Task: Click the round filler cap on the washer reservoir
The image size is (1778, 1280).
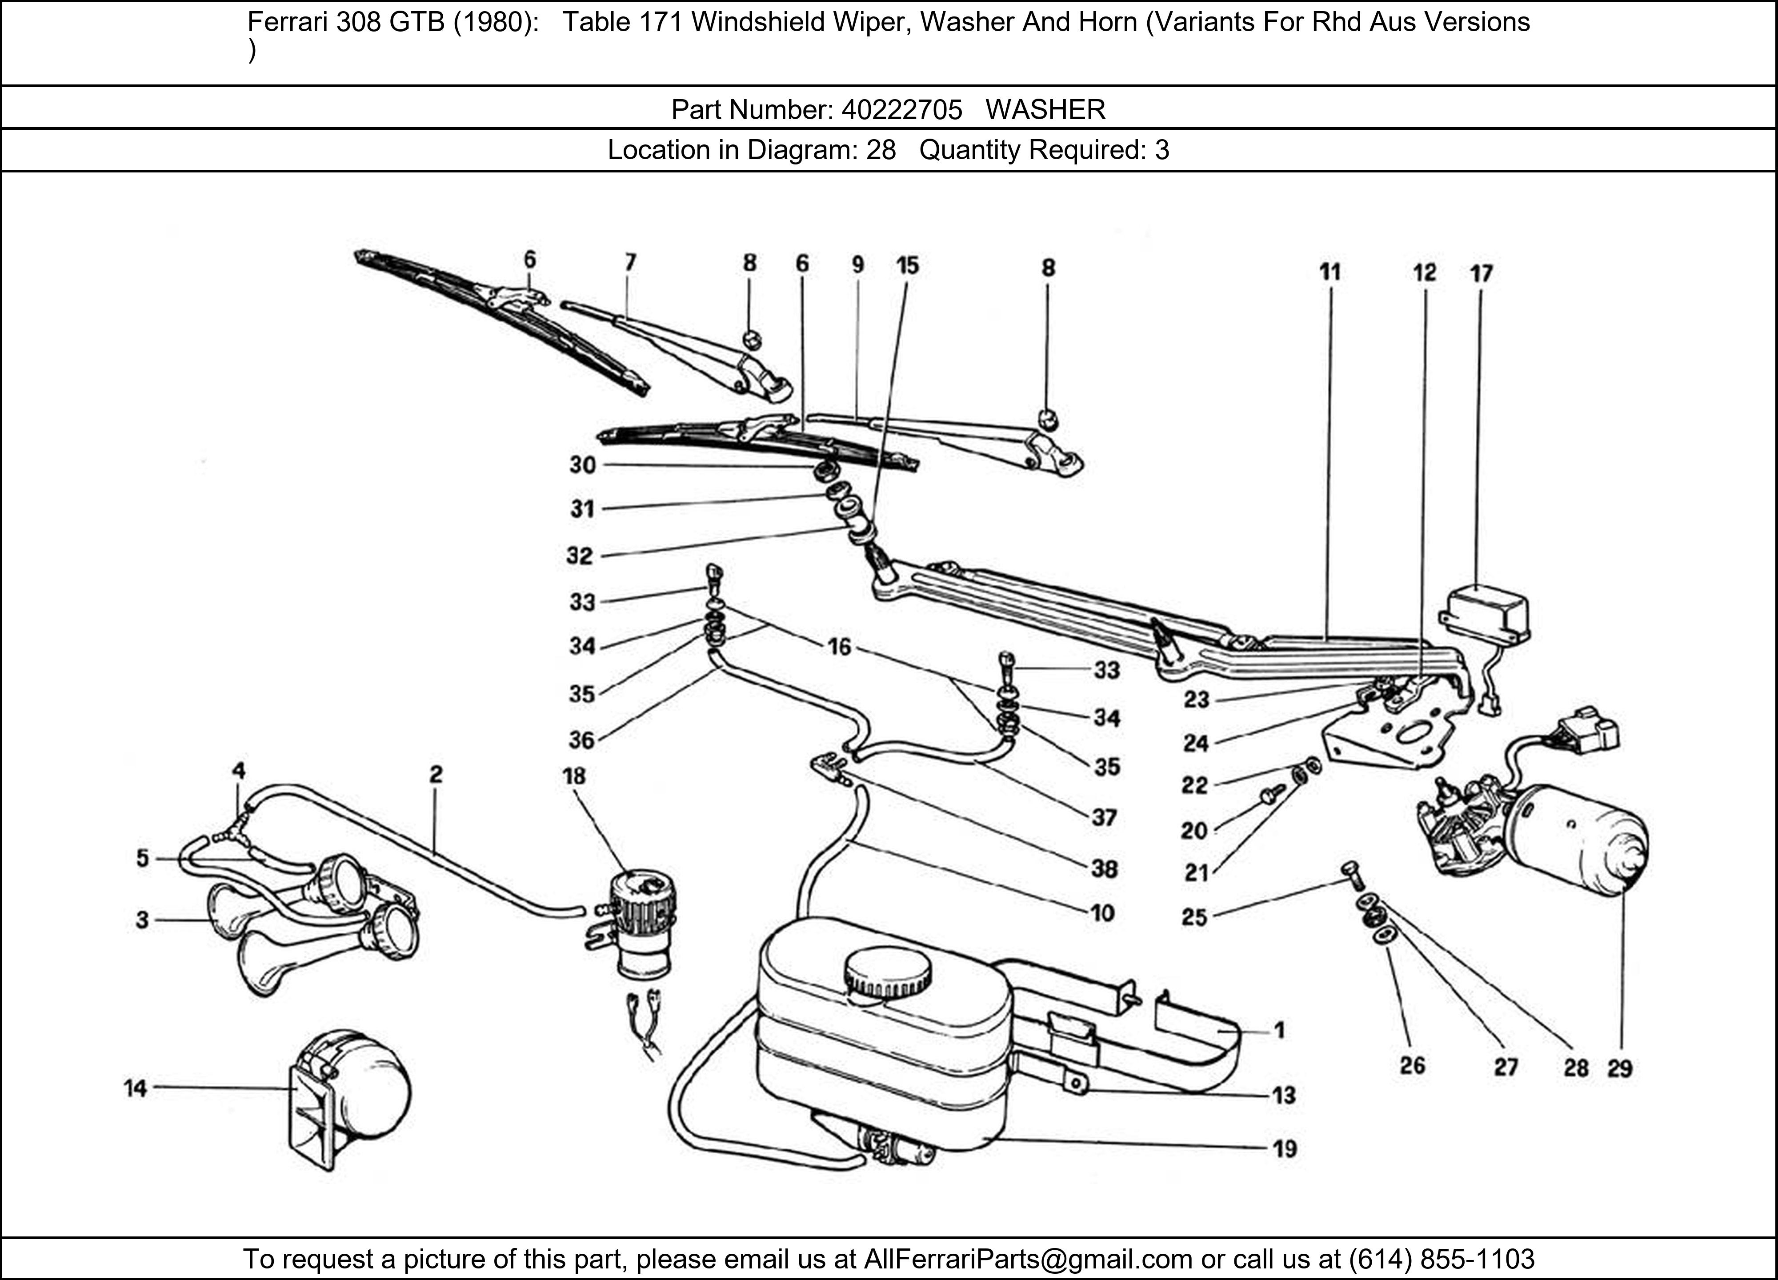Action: pyautogui.click(x=887, y=976)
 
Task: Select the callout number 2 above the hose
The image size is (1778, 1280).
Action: pyautogui.click(x=436, y=774)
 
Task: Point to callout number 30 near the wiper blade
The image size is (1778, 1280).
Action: pyautogui.click(x=582, y=466)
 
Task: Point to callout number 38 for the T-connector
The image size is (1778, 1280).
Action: pyautogui.click(x=1104, y=868)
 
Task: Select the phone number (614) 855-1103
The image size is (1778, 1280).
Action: pyautogui.click(x=1441, y=1259)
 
